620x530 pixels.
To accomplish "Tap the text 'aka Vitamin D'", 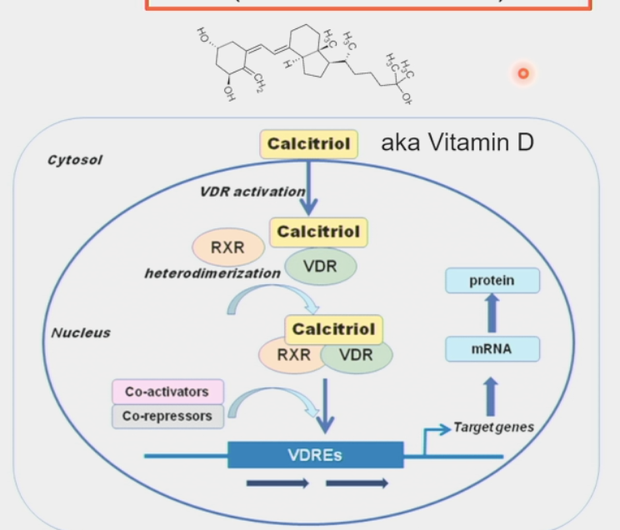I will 457,142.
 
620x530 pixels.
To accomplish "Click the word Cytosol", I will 75,160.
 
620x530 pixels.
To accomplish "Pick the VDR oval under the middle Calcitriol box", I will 321,267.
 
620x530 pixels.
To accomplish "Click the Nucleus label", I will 81,332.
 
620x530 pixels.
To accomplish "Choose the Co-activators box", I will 167,392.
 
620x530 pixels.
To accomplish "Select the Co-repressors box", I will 167,415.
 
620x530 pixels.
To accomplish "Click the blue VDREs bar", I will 315,455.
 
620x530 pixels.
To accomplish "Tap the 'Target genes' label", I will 493,427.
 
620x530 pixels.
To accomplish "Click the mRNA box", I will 492,350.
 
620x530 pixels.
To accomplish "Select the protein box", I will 492,281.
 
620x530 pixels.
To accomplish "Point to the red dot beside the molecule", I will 522,73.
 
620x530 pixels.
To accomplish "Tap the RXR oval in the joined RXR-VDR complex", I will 293,355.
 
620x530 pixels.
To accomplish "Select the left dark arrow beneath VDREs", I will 277,483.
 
